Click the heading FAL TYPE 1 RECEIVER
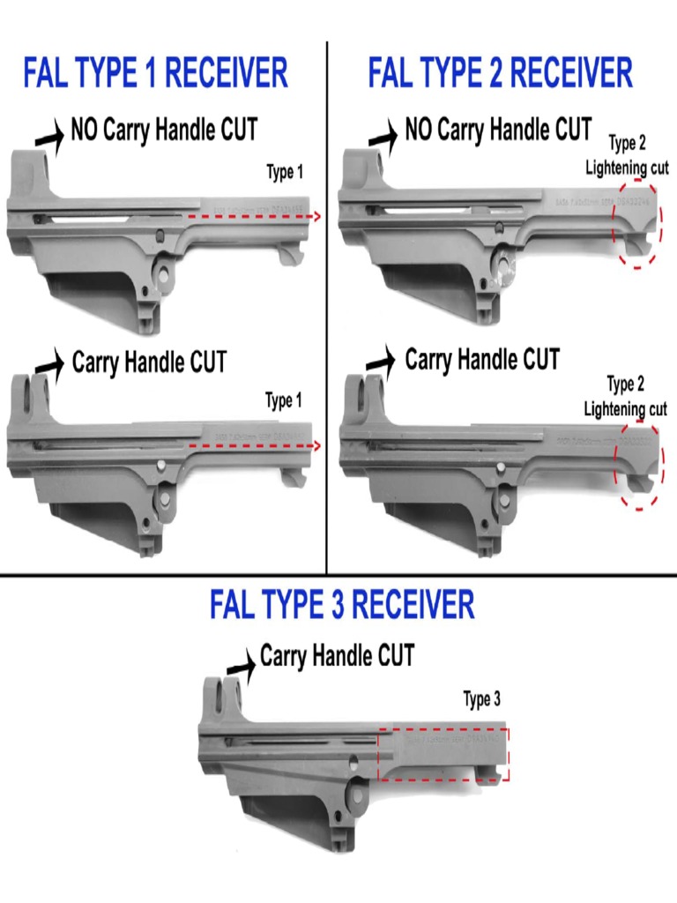coord(155,73)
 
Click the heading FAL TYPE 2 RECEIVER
coord(500,73)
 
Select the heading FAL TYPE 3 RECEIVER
coord(342,606)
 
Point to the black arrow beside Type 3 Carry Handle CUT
coord(240,661)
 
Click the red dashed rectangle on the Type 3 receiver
coord(443,754)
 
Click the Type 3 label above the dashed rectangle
coord(482,700)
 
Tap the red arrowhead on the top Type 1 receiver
coord(316,215)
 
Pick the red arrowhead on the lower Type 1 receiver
coord(316,447)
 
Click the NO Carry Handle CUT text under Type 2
coord(498,131)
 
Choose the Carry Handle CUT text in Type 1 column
coord(149,362)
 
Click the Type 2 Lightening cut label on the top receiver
coord(627,156)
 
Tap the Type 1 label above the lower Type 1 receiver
coord(285,401)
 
